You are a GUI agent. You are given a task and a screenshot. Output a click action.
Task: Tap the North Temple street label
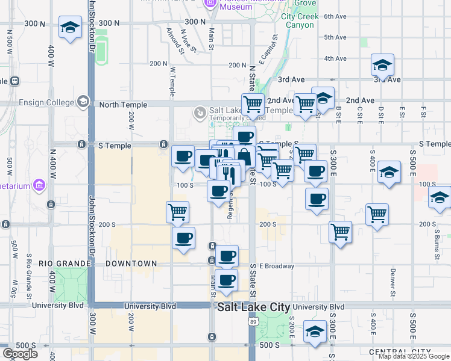click(x=122, y=105)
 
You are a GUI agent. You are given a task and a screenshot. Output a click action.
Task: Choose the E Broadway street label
click(x=276, y=266)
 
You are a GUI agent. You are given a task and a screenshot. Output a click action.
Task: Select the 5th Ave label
click(x=335, y=37)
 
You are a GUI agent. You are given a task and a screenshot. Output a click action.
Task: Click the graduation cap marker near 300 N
click(x=71, y=28)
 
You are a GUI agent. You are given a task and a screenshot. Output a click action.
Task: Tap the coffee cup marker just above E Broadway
click(x=227, y=256)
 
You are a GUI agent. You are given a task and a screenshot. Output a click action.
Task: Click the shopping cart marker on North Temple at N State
click(x=253, y=103)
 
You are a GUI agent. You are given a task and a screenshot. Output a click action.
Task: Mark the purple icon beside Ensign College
click(x=83, y=102)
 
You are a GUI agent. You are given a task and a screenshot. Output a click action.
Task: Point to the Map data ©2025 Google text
click(x=414, y=356)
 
